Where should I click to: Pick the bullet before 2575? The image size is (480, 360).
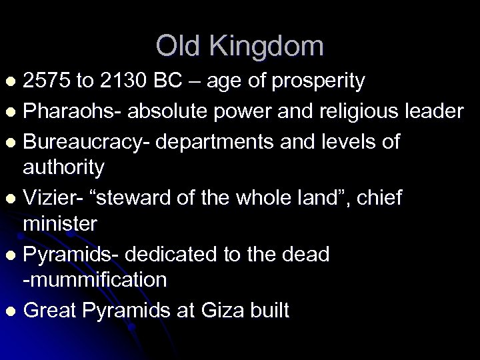pos(9,82)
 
